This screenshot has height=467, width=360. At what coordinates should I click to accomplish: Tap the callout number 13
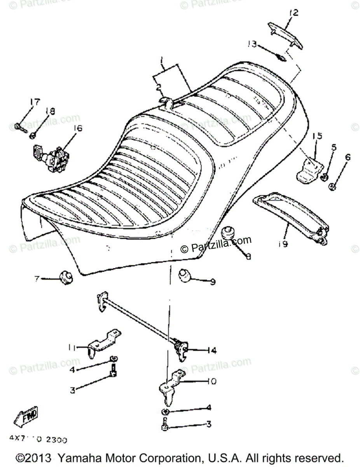click(253, 44)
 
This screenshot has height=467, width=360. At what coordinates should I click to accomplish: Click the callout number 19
click(283, 244)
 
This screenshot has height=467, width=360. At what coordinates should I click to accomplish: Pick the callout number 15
click(317, 136)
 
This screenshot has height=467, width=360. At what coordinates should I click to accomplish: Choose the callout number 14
click(211, 351)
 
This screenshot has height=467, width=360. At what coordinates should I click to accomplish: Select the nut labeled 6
click(332, 187)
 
